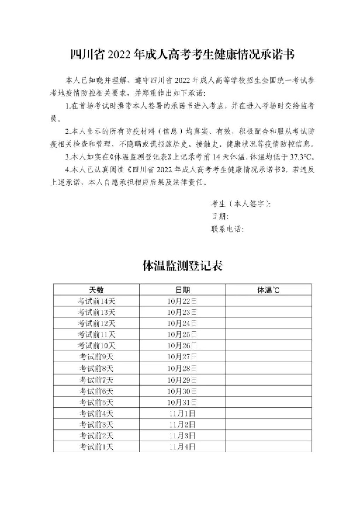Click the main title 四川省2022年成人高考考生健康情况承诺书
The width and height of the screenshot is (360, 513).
click(183, 55)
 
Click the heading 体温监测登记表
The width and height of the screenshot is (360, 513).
click(183, 266)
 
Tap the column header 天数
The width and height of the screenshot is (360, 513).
click(96, 290)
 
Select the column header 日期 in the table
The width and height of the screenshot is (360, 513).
click(182, 290)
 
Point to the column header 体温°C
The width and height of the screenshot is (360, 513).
click(268, 290)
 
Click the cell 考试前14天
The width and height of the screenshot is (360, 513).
click(96, 301)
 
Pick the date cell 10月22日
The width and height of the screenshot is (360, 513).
click(182, 301)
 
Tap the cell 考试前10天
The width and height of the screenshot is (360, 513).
click(96, 346)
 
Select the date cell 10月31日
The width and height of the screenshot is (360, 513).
click(182, 402)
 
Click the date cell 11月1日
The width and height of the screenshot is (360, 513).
click(182, 413)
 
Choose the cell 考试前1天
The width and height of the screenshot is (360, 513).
click(96, 447)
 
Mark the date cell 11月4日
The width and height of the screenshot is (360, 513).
click(182, 447)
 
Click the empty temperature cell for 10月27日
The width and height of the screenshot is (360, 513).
click(268, 357)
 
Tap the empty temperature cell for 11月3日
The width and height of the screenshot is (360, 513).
click(268, 436)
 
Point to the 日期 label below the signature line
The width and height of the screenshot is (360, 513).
click(219, 216)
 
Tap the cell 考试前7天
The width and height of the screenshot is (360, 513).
click(96, 380)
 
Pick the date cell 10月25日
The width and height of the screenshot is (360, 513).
click(182, 334)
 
